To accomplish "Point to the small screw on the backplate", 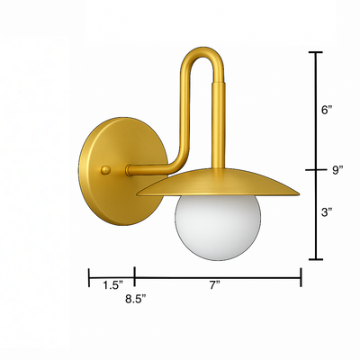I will (x=107, y=169).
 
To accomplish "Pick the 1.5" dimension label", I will (x=112, y=285).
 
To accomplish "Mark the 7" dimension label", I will (x=216, y=285).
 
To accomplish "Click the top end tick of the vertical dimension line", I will (x=316, y=54).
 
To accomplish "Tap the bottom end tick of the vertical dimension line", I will (x=316, y=259).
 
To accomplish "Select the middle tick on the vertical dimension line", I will (x=316, y=169).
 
